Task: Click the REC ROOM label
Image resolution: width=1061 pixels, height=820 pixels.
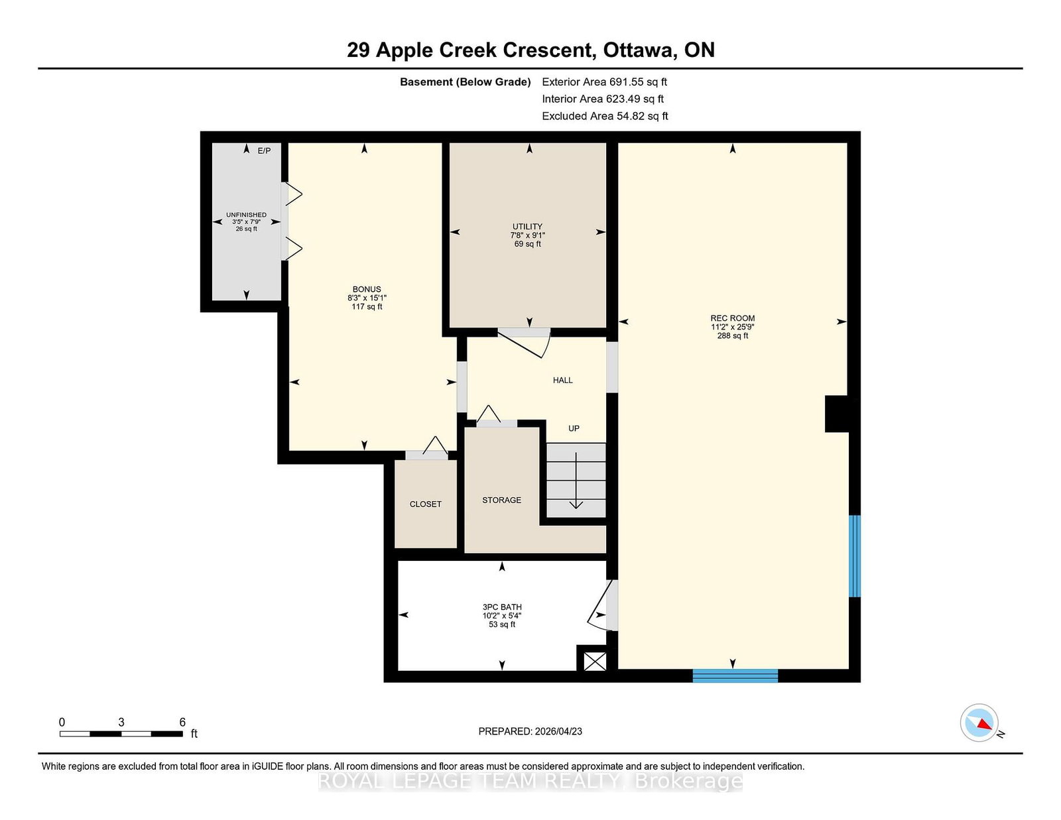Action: pyautogui.click(x=732, y=318)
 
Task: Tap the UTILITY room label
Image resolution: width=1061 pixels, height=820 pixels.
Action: pyautogui.click(x=527, y=227)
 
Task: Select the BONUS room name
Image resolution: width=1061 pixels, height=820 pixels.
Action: pyautogui.click(x=367, y=290)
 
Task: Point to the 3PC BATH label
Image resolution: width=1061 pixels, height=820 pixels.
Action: pyautogui.click(x=502, y=607)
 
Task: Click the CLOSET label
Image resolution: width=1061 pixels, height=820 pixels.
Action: pyautogui.click(x=425, y=504)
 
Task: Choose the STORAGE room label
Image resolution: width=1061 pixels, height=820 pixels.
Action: pyautogui.click(x=501, y=500)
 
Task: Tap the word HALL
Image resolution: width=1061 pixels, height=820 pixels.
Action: pyautogui.click(x=562, y=381)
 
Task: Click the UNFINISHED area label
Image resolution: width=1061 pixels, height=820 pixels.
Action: pyautogui.click(x=246, y=215)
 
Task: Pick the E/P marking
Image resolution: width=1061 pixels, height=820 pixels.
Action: pyautogui.click(x=264, y=151)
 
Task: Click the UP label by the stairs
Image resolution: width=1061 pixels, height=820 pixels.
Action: pyautogui.click(x=574, y=428)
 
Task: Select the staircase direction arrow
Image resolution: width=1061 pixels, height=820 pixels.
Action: pyautogui.click(x=576, y=481)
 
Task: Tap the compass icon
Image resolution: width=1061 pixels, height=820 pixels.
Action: pyautogui.click(x=979, y=723)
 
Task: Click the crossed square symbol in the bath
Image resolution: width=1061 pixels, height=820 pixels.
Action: pyautogui.click(x=595, y=662)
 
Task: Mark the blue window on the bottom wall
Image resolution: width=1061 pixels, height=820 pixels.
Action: pyautogui.click(x=735, y=676)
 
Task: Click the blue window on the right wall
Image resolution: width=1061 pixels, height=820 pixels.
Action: pyautogui.click(x=855, y=556)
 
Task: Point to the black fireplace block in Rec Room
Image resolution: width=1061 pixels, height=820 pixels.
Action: pyautogui.click(x=837, y=414)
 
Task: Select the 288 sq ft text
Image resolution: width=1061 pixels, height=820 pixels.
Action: pyautogui.click(x=732, y=336)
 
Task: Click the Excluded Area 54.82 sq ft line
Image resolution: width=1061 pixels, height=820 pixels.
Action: pyautogui.click(x=605, y=116)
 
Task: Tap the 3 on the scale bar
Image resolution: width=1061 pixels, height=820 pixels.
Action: pyautogui.click(x=121, y=723)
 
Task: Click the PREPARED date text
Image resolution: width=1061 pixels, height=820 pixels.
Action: pyautogui.click(x=530, y=731)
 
